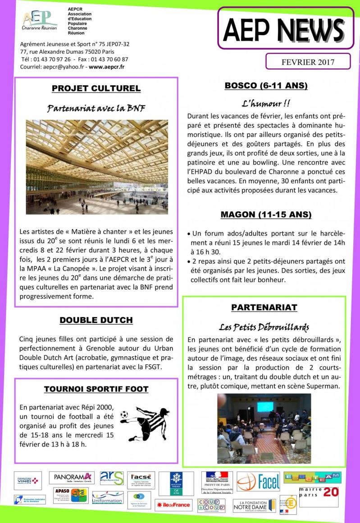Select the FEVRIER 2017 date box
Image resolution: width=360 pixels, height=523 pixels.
308,62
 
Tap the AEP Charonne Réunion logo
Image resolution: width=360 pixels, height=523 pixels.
40,20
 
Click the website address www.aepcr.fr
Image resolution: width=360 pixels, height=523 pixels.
107,67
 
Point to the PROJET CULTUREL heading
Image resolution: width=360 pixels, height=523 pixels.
96,88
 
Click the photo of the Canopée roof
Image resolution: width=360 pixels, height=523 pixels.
97,167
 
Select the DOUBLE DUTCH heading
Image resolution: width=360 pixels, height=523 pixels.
96,320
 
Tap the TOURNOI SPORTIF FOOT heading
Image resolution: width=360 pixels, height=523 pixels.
96,389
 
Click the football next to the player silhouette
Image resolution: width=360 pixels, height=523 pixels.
124,414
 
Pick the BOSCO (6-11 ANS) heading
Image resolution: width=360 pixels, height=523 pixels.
266,86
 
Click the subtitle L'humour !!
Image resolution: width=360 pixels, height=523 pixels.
266,103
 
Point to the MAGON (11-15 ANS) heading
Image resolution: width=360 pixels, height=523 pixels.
266,214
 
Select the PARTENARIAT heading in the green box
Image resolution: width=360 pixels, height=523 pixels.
264,307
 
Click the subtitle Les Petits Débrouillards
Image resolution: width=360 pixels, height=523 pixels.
264,327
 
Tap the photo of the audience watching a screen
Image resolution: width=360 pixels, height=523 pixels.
264,428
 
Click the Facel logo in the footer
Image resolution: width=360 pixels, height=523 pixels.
258,482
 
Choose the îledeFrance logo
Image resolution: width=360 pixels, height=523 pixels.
173,505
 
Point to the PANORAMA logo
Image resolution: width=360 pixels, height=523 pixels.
72,477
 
